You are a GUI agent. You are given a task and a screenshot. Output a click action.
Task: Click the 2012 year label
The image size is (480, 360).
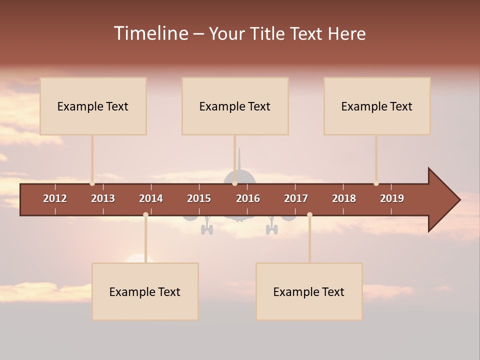(x=55, y=198)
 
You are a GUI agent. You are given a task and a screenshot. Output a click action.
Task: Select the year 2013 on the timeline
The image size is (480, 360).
(x=103, y=198)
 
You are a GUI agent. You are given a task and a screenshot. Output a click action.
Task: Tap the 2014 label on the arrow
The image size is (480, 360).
(x=151, y=198)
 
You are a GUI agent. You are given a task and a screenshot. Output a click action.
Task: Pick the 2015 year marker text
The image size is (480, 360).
(x=199, y=198)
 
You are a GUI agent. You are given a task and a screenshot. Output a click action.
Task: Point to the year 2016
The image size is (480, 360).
(x=248, y=198)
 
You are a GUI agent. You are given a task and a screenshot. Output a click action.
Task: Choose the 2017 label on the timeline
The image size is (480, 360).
(x=296, y=198)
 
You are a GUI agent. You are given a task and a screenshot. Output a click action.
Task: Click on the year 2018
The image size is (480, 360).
(x=344, y=198)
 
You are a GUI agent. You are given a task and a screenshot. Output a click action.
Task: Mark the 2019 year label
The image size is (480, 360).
(x=392, y=198)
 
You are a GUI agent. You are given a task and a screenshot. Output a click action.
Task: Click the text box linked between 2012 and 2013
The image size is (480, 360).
(x=93, y=106)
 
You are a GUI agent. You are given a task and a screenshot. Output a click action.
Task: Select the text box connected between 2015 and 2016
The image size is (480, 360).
(x=235, y=106)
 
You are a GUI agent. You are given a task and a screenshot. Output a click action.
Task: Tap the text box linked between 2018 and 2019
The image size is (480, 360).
(x=377, y=106)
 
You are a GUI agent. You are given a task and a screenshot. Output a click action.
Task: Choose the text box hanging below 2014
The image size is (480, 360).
(x=145, y=291)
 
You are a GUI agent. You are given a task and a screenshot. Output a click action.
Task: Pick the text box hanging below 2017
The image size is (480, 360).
(x=309, y=291)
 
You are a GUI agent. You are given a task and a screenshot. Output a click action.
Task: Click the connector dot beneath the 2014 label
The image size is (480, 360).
(x=145, y=214)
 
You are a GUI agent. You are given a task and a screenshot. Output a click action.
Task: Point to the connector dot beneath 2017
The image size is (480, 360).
(x=309, y=214)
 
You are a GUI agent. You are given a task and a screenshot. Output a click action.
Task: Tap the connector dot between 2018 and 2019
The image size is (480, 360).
(x=376, y=183)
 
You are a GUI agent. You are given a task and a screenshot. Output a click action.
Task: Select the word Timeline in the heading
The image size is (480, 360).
(x=151, y=33)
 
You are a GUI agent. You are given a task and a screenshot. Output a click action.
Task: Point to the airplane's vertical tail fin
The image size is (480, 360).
(x=239, y=160)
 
